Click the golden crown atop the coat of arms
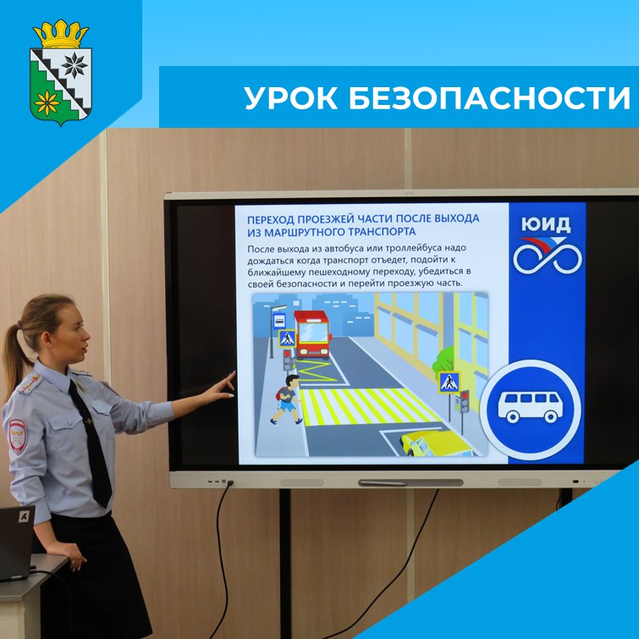coord(61,34)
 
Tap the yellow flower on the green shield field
coord(47,102)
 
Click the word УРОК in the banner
coord(291,98)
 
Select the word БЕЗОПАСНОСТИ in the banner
coord(489,98)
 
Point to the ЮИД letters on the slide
coord(546,225)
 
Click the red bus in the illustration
coord(312,334)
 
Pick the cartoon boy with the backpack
coord(287,399)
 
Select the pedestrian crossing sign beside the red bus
coord(287,339)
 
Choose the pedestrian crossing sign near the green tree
coord(449,383)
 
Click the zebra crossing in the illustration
coord(366,406)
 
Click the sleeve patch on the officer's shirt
coord(18,435)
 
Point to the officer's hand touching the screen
coord(221,386)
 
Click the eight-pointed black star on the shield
coord(74,65)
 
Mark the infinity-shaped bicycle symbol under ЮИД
coord(548,256)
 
